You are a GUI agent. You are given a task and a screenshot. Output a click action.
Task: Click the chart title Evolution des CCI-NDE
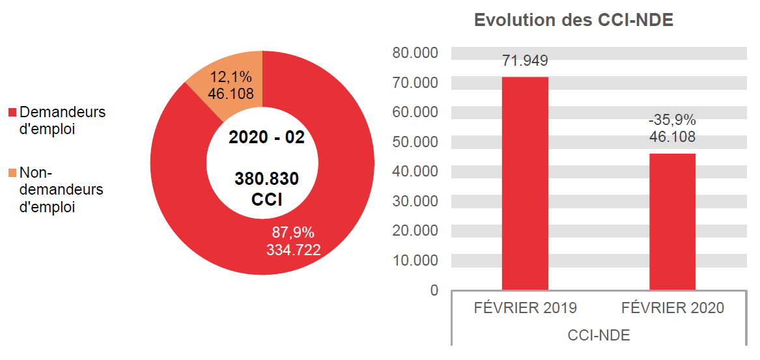(573, 20)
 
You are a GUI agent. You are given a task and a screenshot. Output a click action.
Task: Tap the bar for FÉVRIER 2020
(672, 221)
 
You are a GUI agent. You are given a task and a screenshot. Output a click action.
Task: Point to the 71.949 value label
(525, 61)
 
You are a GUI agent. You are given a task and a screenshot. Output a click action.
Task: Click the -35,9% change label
(672, 120)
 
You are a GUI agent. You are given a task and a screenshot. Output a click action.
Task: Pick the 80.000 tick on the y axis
(415, 53)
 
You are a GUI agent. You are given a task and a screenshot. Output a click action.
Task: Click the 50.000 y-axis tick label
(415, 142)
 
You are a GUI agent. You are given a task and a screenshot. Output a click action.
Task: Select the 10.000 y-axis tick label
(415, 260)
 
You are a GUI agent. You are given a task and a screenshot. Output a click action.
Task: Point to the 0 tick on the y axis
(434, 290)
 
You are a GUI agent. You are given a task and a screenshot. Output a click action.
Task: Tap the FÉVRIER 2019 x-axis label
(525, 309)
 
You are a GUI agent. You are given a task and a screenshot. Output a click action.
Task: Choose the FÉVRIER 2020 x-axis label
(672, 309)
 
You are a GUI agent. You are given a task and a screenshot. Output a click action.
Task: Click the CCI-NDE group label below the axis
(598, 336)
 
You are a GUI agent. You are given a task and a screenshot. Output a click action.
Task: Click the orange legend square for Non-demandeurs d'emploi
(12, 173)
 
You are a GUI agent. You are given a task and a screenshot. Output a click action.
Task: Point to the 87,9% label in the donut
(293, 232)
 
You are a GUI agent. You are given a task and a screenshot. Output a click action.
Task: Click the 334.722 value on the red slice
(293, 249)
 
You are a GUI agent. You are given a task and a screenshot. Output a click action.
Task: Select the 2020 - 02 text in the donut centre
(266, 137)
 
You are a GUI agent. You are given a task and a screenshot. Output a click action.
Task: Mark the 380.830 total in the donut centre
(266, 179)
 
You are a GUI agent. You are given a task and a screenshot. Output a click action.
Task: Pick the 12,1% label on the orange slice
(231, 77)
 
